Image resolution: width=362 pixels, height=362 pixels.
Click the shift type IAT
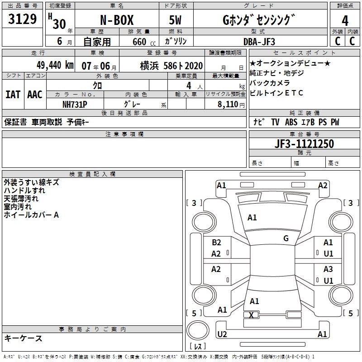[13, 94]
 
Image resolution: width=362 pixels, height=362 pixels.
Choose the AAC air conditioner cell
[35, 94]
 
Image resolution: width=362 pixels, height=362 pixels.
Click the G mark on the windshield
[286, 238]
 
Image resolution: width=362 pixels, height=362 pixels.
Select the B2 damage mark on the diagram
[216, 243]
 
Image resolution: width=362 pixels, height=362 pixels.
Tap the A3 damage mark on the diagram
[328, 269]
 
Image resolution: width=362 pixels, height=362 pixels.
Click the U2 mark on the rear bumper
[222, 334]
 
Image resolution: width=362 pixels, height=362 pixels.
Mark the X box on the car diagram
[252, 315]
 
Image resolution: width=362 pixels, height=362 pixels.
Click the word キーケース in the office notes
[23, 338]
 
